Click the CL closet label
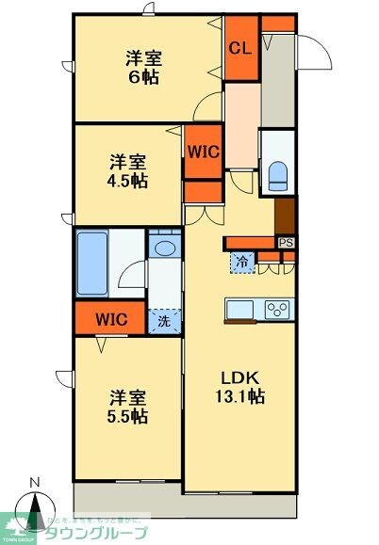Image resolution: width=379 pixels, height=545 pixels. [239, 50]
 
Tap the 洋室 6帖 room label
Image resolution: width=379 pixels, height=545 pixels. [144, 67]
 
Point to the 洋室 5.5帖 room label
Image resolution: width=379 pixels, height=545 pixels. [125, 406]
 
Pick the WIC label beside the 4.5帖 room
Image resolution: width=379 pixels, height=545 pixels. [202, 151]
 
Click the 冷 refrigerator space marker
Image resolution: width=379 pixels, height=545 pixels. [242, 262]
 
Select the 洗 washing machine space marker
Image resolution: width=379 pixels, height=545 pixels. [164, 320]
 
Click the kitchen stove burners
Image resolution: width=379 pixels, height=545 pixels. [278, 308]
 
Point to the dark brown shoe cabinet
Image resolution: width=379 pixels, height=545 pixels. [286, 216]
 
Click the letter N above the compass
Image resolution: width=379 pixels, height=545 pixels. [36, 484]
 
